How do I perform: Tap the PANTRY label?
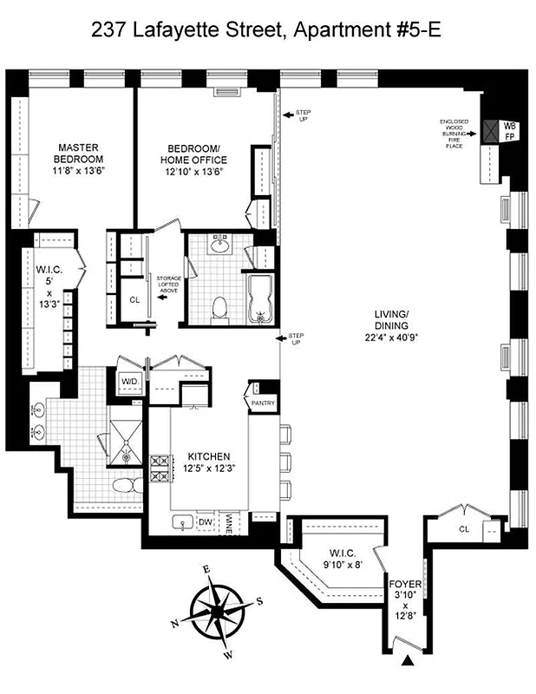tap(262, 403)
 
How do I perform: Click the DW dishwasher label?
tap(206, 521)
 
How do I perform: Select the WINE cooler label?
tap(229, 521)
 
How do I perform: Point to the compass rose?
tap(217, 609)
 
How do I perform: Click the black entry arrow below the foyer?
tap(408, 662)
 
